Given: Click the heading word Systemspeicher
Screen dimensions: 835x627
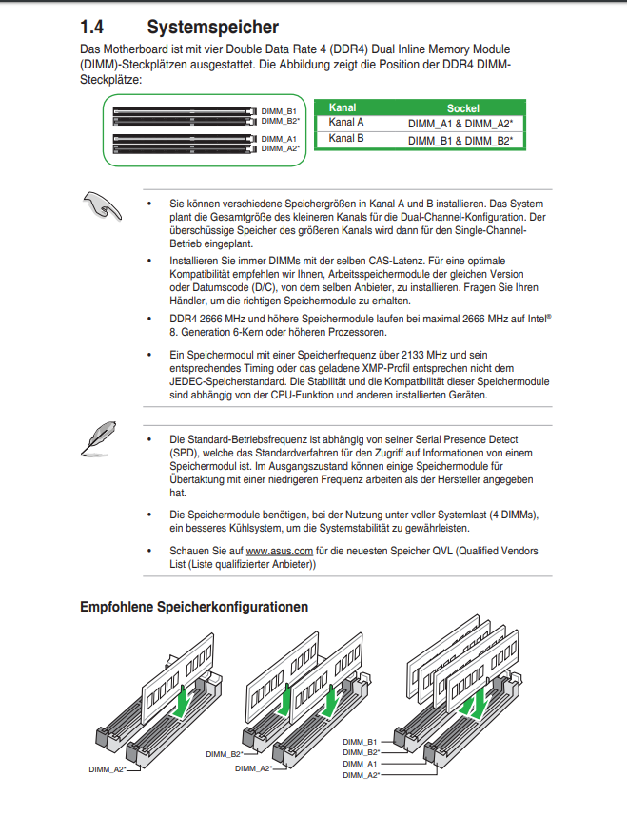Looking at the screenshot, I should (212, 28).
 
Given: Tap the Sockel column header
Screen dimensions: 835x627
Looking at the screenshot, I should (462, 108).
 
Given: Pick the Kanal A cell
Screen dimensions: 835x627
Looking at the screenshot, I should (346, 123).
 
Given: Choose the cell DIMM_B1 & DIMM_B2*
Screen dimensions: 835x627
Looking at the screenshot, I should (460, 140).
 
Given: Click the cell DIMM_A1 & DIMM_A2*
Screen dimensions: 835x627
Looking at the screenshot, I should (460, 124).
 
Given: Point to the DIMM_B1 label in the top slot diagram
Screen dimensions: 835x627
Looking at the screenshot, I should (279, 112).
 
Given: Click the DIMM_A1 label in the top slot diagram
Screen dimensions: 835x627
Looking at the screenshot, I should (279, 139).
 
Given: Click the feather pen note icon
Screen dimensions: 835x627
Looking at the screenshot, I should (99, 440).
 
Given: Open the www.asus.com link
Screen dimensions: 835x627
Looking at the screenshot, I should (280, 552).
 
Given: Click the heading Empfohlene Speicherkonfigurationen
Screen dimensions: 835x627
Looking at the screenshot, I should (194, 607).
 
